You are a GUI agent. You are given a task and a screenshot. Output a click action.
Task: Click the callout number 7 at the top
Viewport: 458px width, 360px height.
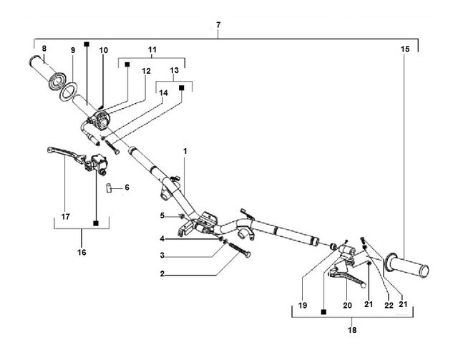tap(218, 25)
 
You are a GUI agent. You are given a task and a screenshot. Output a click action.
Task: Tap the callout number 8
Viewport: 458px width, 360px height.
tap(44, 49)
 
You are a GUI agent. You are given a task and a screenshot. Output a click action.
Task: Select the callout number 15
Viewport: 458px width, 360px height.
tap(405, 49)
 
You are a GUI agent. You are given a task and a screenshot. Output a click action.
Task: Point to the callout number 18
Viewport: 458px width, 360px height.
tap(352, 330)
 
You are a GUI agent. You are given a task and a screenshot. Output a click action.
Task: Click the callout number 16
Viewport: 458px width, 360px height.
tap(82, 252)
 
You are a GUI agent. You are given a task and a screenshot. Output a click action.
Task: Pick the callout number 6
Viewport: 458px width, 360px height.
tap(127, 188)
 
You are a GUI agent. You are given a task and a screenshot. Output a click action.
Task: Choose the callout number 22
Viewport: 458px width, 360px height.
tap(389, 306)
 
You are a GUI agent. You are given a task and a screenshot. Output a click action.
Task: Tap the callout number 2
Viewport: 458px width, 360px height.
tap(162, 274)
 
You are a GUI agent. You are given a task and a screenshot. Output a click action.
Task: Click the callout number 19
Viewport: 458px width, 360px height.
tap(303, 306)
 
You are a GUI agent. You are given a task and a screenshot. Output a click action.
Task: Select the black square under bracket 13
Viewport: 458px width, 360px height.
tap(182, 87)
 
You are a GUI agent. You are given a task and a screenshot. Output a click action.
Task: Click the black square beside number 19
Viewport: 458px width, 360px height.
tap(323, 312)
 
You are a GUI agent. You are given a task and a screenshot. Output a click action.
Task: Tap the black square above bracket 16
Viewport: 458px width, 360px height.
tap(95, 223)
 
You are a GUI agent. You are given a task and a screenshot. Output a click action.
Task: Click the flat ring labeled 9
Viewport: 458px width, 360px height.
tap(68, 92)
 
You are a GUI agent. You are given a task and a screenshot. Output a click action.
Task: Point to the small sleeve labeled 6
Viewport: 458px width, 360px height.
tap(109, 188)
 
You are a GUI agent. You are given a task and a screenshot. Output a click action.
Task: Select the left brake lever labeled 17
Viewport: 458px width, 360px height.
tap(67, 154)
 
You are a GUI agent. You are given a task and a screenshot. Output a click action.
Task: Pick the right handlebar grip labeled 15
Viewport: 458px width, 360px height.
tap(406, 264)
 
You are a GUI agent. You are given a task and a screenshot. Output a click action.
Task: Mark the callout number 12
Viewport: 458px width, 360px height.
tap(146, 71)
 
